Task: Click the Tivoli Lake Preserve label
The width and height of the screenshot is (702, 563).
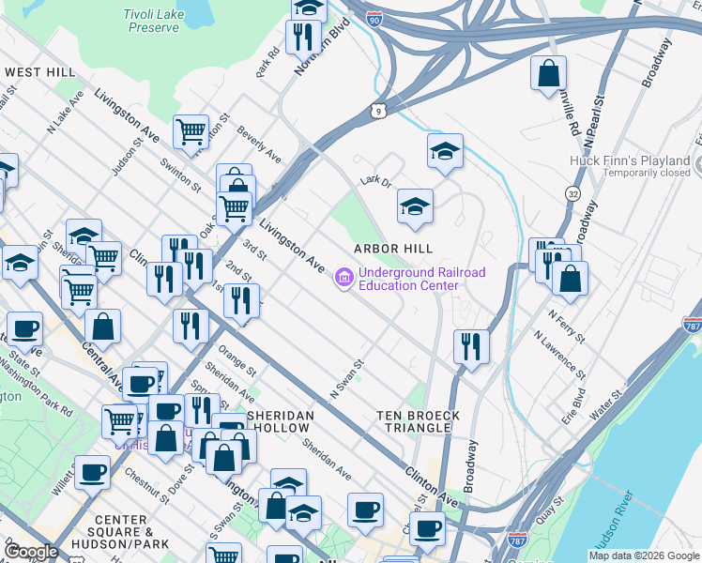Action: pos(151,21)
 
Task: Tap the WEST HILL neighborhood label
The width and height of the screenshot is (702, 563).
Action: pos(39,72)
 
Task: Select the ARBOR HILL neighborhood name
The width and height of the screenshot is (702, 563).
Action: pos(393,249)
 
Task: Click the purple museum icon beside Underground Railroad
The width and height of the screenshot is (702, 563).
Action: pos(343,279)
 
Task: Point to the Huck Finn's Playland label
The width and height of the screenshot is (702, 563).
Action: pos(630,160)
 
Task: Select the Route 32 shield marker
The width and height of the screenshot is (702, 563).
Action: pos(572,193)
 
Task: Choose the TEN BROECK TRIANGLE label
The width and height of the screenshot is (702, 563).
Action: pos(418,421)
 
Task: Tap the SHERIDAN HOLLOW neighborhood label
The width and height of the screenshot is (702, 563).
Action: pos(278,421)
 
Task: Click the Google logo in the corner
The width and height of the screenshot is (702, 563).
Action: pos(32,552)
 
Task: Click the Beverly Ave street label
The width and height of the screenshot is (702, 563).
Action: pos(259,143)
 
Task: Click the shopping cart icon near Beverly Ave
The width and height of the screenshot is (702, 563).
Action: pos(191,133)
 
